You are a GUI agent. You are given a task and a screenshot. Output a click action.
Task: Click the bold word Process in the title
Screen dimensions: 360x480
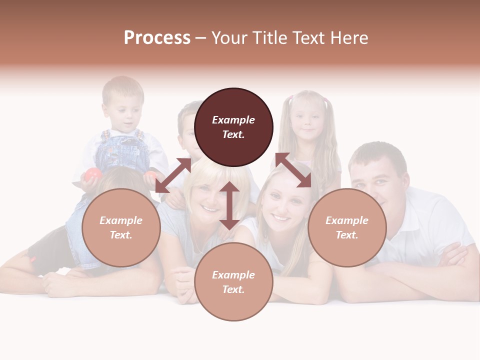157,38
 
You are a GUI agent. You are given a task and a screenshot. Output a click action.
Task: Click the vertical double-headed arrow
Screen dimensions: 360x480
229,205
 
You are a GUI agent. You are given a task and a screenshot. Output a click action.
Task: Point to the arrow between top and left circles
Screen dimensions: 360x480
173,175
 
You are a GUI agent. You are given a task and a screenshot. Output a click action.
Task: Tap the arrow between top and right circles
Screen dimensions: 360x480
293,170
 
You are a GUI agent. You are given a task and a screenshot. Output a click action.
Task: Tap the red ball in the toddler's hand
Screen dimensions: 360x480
93,174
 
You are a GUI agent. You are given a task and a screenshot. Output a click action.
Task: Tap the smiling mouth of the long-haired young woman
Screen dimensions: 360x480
281,218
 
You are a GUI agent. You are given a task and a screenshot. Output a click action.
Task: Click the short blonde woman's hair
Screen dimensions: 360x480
210,170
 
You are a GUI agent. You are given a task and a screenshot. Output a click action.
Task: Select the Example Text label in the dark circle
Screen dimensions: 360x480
233,127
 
